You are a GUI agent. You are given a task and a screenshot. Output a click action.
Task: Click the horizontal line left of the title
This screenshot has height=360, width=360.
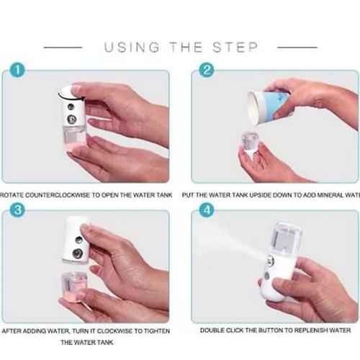pyautogui.click(x=65, y=48)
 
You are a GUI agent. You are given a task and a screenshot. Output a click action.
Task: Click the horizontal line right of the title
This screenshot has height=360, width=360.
pyautogui.click(x=297, y=48)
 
